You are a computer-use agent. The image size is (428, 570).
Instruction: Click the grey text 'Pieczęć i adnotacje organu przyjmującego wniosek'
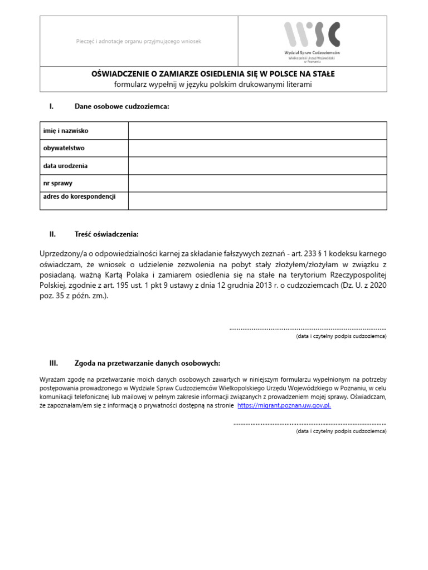click(138, 42)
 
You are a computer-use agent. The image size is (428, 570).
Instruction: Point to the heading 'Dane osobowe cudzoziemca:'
click(121, 106)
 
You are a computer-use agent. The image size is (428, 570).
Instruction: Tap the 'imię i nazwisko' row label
click(66, 131)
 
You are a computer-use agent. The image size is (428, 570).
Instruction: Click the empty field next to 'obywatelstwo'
click(257, 149)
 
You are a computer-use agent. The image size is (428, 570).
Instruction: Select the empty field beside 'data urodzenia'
click(257, 166)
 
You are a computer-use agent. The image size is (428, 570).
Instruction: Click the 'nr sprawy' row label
click(58, 183)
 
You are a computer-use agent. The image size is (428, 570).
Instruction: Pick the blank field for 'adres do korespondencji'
click(257, 200)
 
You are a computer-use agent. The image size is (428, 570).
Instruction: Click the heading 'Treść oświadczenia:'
click(106, 234)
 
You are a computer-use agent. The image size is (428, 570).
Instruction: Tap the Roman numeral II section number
click(53, 234)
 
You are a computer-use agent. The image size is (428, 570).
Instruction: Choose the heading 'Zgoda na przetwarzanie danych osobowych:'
click(147, 363)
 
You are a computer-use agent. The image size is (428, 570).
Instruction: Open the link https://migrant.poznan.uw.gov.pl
click(284, 406)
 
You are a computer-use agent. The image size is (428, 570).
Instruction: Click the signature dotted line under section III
click(310, 424)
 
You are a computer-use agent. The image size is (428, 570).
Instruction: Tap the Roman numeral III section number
click(53, 363)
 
